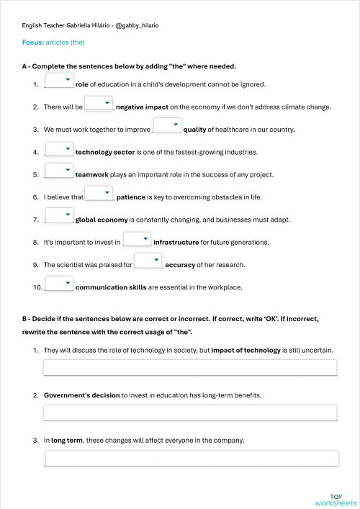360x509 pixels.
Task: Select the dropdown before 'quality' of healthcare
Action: (x=167, y=127)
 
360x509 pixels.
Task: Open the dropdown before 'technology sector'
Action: (x=59, y=150)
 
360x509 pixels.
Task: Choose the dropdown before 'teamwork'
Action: (x=59, y=172)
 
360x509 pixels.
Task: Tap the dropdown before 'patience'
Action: (x=99, y=194)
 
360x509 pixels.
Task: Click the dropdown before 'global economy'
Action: (x=59, y=217)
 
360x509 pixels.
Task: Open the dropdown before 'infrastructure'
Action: (x=137, y=240)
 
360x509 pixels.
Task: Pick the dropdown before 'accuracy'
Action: (x=148, y=262)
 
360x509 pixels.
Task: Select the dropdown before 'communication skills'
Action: (x=59, y=285)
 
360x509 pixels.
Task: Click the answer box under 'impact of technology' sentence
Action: (x=190, y=368)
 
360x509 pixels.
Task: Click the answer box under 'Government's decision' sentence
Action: (x=190, y=413)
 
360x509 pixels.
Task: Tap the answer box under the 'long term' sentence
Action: (x=191, y=459)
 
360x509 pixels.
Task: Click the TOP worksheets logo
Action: (x=336, y=500)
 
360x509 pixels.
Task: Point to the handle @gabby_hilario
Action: (x=137, y=25)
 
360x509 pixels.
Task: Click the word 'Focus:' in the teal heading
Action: (x=32, y=42)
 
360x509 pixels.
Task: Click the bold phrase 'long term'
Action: (x=67, y=441)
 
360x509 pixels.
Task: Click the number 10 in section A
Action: (x=37, y=287)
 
